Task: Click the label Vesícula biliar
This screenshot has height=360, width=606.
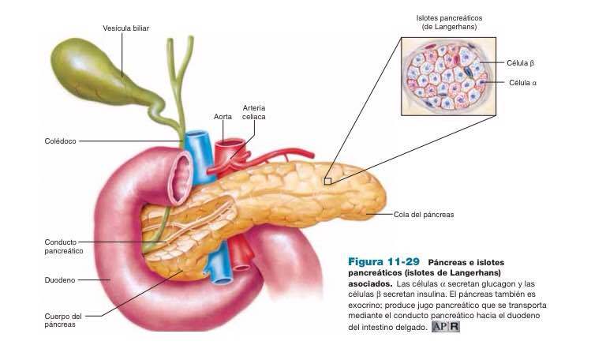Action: (125, 28)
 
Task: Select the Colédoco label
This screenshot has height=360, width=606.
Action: (60, 141)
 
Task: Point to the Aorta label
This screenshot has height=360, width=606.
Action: (223, 116)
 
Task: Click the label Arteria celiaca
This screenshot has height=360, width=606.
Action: (253, 111)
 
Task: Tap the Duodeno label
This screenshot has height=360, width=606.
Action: (58, 279)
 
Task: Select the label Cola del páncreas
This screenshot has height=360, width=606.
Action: (424, 214)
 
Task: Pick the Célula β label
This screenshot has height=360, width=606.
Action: (521, 62)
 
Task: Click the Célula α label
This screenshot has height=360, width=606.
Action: (522, 82)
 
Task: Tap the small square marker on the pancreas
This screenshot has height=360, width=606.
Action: (327, 181)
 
